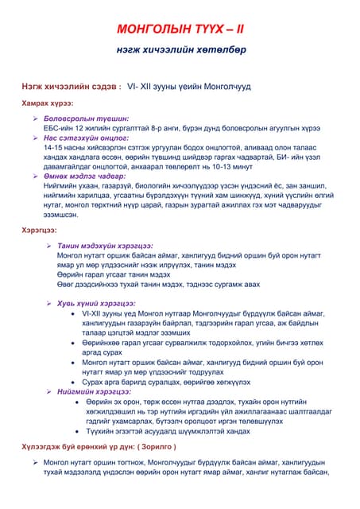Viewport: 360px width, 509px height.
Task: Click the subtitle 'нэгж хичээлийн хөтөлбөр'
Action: point(180,50)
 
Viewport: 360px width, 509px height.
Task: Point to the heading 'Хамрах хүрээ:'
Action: point(48,104)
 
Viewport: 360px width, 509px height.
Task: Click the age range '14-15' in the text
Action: point(53,147)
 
